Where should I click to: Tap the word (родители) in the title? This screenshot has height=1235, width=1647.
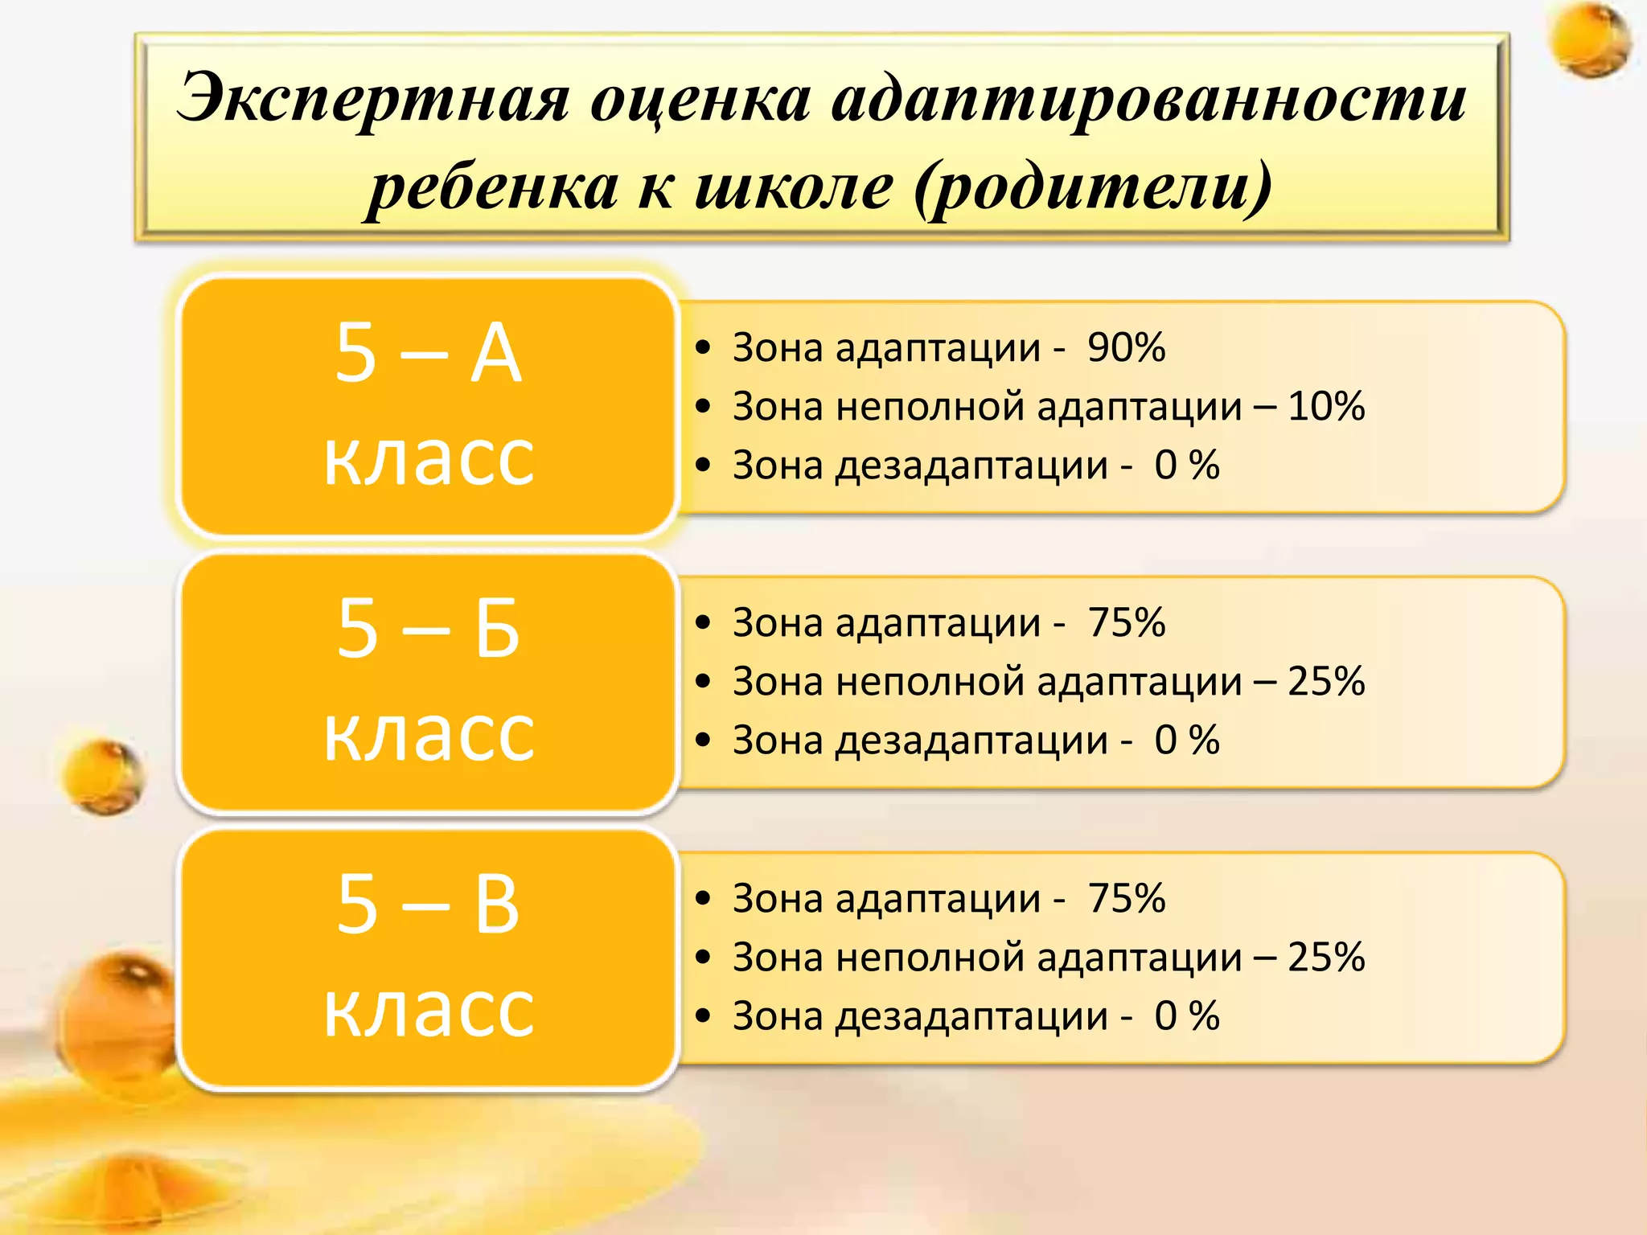[1093, 187]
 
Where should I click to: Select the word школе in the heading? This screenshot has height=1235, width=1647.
[794, 187]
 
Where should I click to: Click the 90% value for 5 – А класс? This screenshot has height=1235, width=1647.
[1126, 348]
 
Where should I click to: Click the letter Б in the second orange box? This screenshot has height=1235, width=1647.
[496, 629]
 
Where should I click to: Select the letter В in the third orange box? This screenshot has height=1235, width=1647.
[496, 905]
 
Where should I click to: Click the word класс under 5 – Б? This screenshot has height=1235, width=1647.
[429, 733]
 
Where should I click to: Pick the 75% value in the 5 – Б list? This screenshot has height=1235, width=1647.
[1126, 623]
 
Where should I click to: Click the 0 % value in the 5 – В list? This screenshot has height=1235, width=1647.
[1186, 1016]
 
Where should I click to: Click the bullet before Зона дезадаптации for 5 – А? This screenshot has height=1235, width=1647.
[704, 466]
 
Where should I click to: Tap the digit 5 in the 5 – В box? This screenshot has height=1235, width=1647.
[357, 905]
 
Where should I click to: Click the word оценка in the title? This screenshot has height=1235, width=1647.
[700, 99]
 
